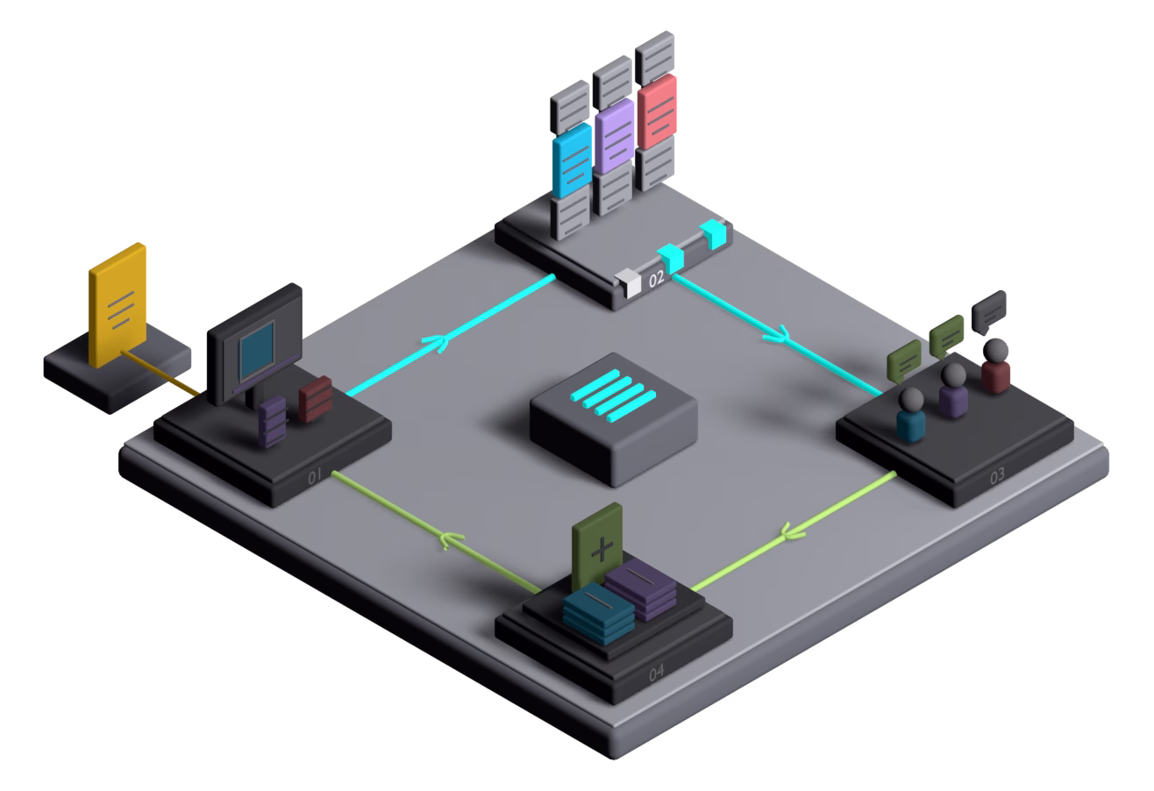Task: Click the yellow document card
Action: click(118, 305)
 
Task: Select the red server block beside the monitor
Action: click(316, 399)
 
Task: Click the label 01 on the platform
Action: click(314, 476)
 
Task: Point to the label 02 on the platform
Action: click(656, 279)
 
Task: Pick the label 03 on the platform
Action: click(997, 475)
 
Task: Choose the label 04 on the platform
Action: click(656, 673)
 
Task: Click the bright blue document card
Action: click(572, 160)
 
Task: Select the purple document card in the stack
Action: click(614, 136)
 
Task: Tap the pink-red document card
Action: click(657, 111)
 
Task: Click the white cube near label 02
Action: click(628, 283)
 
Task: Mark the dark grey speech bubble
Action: click(988, 311)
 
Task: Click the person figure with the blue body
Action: click(911, 416)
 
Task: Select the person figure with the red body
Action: click(995, 366)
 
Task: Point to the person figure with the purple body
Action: click(953, 390)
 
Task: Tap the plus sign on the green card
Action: click(602, 549)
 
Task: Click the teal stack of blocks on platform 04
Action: click(599, 613)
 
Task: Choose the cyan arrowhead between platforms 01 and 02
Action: click(436, 343)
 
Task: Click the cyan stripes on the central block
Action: click(613, 395)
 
